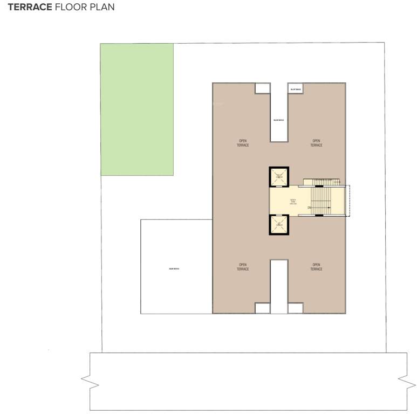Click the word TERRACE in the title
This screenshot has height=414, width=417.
coord(30,8)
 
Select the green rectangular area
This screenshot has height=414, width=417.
coord(137,109)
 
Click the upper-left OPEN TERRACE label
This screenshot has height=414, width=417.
coord(243,143)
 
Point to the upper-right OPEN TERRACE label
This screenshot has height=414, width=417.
coord(316,143)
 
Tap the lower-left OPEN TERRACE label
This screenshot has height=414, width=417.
coord(243,267)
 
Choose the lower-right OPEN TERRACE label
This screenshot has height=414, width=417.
coord(316,267)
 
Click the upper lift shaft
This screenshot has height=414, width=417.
coord(279,176)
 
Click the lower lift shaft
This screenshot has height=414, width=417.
coord(279,224)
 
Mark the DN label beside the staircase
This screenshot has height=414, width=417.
coord(310,208)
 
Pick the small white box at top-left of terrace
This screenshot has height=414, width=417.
coord(262,88)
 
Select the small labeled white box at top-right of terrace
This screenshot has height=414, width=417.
coord(295,88)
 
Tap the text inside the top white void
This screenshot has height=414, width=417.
coord(279,120)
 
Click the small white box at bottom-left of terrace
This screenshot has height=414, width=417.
coord(262,308)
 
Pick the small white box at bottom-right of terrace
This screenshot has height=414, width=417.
coord(295,308)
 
